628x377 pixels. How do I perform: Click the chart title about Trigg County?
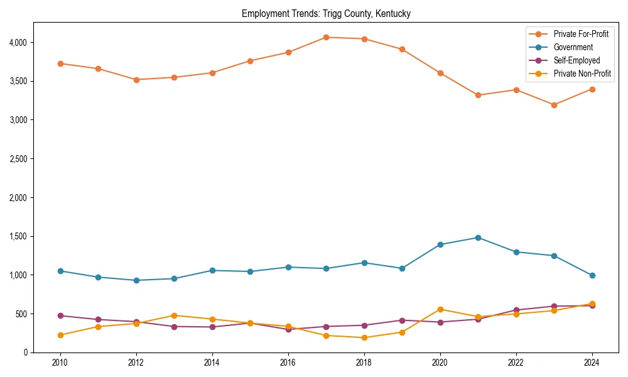326,14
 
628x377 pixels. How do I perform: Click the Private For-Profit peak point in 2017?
326,37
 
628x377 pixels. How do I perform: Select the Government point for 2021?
478,238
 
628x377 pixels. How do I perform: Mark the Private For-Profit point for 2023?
554,105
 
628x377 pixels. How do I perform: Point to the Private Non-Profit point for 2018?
364,337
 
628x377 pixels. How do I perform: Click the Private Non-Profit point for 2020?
440,309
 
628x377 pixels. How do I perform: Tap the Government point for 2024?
592,275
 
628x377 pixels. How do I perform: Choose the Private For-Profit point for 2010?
60,63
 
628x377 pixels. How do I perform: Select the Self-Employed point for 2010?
60,315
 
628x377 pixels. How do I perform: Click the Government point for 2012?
136,280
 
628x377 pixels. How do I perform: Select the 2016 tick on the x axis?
288,363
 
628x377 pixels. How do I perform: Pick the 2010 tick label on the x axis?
60,363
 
